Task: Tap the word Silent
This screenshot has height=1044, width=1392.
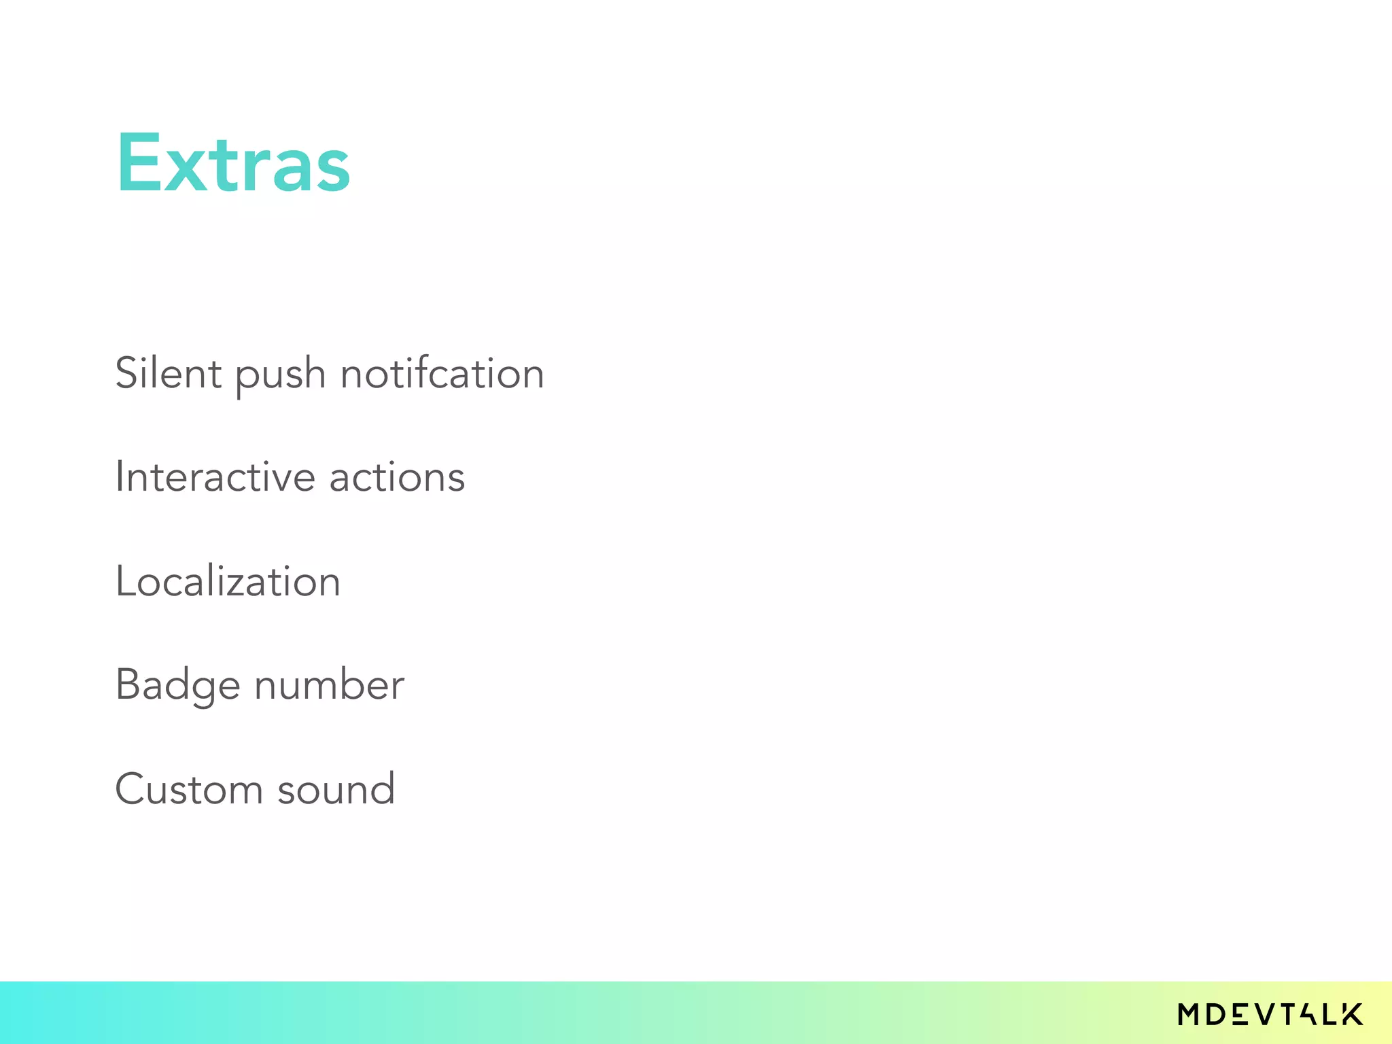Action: (x=168, y=373)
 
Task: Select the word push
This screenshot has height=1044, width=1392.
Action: (x=280, y=376)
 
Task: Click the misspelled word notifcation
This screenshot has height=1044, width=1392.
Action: (x=442, y=373)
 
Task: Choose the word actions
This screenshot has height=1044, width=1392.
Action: (x=397, y=477)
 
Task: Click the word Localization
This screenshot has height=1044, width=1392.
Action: (x=228, y=581)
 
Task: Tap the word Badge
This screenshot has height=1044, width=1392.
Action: (x=177, y=685)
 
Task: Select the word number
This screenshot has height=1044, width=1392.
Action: (x=329, y=684)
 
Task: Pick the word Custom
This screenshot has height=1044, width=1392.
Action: (x=188, y=789)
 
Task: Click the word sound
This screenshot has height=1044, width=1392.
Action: (x=336, y=789)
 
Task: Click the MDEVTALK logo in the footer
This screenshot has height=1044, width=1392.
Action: (x=1270, y=1014)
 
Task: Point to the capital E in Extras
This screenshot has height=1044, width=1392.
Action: (x=135, y=163)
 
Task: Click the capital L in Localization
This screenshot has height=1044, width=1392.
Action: (x=124, y=581)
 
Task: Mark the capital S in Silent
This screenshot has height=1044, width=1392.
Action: (x=127, y=373)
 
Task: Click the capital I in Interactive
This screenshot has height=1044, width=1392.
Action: (x=119, y=476)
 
